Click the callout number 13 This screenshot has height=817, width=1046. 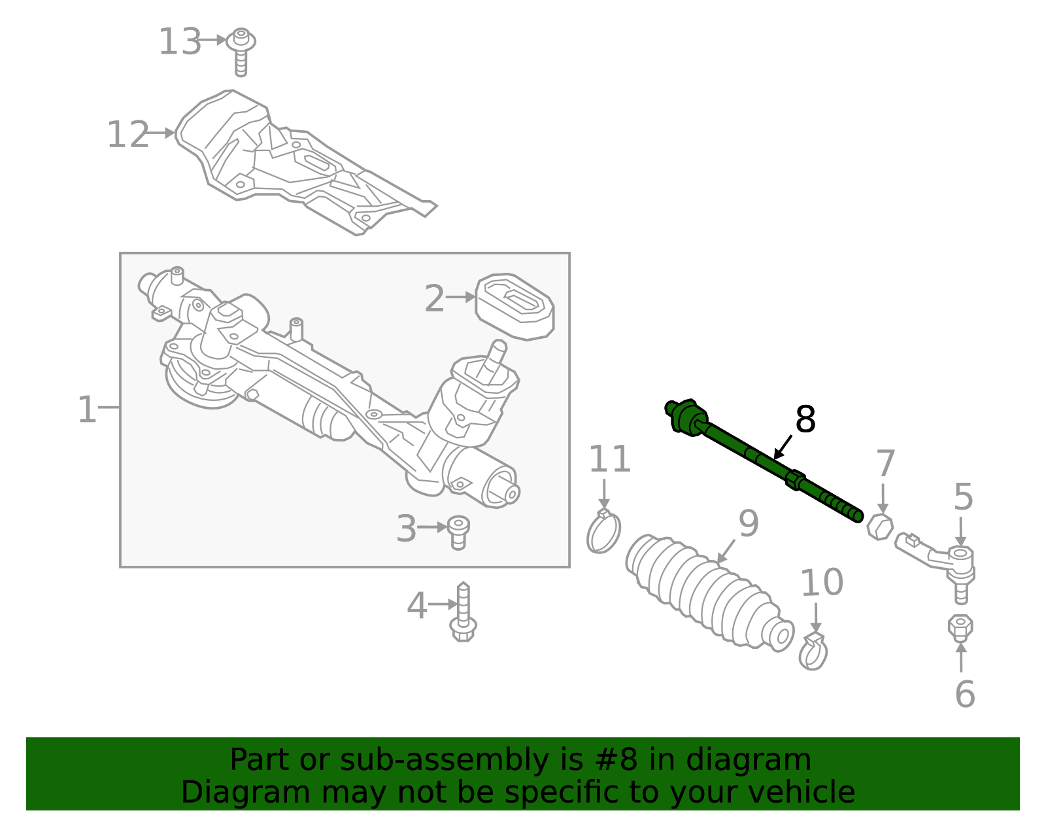[x=179, y=42]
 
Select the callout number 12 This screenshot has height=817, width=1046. [x=127, y=135]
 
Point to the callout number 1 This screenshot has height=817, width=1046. [x=86, y=409]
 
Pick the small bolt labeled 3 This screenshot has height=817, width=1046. [x=458, y=532]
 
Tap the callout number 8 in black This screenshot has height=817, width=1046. [x=805, y=420]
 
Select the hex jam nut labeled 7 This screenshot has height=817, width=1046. [x=880, y=526]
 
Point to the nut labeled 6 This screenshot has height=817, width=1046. [x=960, y=628]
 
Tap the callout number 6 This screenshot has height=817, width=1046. [x=964, y=694]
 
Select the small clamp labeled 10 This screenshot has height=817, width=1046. [x=813, y=652]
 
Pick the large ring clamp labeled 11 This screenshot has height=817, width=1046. [x=603, y=532]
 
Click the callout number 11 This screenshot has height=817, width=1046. [x=609, y=459]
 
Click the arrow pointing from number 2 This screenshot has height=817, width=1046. [x=461, y=297]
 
